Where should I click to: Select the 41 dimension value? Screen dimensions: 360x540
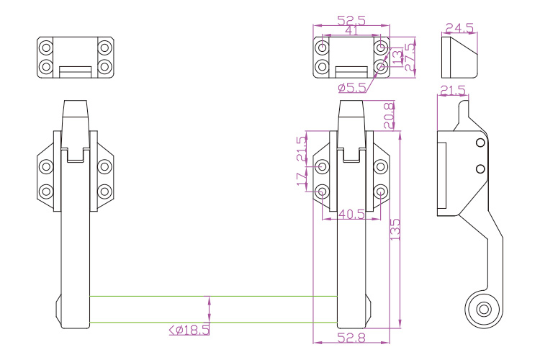pos(351,31)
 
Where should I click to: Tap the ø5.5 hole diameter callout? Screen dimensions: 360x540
pos(352,88)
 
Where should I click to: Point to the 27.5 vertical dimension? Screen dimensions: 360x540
pos(410,57)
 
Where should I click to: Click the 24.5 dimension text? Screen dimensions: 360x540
pos(459,28)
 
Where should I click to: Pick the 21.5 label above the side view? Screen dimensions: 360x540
pos(453,90)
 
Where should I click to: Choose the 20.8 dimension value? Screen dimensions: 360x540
pos(389,114)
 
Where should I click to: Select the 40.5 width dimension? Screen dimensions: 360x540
pos(351,214)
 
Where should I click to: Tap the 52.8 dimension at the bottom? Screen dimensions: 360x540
pos(351,337)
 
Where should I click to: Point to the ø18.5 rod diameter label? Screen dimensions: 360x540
pos(189,330)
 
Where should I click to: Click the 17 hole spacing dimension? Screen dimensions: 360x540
pos(302,179)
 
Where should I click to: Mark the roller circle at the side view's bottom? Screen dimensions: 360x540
pos(483,309)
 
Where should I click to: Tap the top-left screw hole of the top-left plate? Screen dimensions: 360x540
pos(46,48)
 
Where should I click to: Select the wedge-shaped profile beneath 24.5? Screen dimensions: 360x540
pos(459,57)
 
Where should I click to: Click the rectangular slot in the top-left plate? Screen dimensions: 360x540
pos(75,71)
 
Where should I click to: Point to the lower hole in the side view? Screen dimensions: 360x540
pos(480,169)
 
